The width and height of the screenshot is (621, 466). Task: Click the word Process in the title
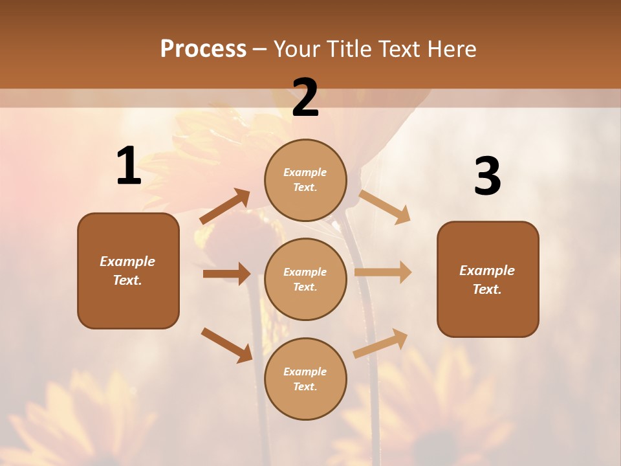(x=203, y=49)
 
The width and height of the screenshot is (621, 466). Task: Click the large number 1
(x=129, y=166)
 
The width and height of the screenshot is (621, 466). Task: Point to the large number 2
(x=305, y=98)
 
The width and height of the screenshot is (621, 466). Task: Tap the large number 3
(x=487, y=177)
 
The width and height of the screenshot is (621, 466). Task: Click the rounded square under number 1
(x=128, y=271)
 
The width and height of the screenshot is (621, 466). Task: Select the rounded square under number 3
(x=488, y=280)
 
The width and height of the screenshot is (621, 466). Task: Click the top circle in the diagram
(x=305, y=180)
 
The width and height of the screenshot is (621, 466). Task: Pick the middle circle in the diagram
(x=305, y=279)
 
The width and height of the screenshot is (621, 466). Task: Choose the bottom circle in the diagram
(x=305, y=379)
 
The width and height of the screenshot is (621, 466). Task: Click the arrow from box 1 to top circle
(x=225, y=206)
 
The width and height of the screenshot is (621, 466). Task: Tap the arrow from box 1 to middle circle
(x=226, y=274)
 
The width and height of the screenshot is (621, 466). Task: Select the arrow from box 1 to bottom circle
(x=226, y=345)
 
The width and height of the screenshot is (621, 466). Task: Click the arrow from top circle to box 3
(x=384, y=206)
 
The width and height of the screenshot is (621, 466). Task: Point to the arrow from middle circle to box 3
(x=383, y=272)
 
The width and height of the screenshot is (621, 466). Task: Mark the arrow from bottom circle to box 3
(x=381, y=343)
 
